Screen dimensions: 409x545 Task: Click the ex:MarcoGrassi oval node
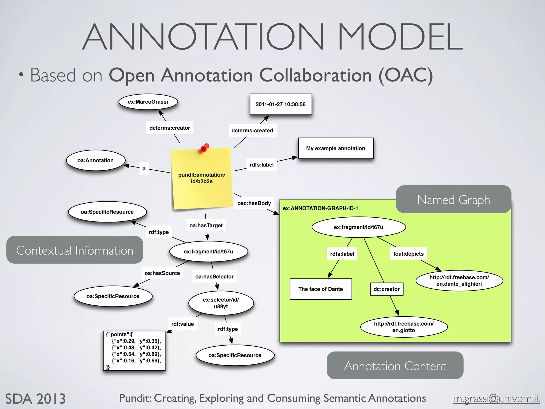point(148,102)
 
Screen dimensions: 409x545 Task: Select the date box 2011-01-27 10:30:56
point(281,104)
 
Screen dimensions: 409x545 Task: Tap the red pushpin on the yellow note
point(205,148)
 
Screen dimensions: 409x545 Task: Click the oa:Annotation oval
point(96,160)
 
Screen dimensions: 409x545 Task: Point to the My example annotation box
point(336,148)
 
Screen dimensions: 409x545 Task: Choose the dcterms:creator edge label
point(170,128)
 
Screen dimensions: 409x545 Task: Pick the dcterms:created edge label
point(252,130)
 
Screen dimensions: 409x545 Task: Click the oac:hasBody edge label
point(254,203)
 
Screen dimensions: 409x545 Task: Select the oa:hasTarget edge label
point(206,225)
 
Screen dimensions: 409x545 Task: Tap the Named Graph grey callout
point(453,199)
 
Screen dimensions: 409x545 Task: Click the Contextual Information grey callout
point(75,250)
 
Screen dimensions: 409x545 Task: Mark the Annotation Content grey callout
point(395,366)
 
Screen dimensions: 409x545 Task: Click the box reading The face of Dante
point(321,289)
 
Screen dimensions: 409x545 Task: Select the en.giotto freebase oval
point(404,327)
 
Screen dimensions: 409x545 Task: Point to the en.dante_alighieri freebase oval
point(459,281)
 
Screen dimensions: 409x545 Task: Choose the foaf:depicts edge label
point(408,254)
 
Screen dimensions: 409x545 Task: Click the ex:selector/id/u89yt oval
point(221,303)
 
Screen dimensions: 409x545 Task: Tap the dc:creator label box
point(386,289)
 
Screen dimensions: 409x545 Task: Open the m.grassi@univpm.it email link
point(496,399)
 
